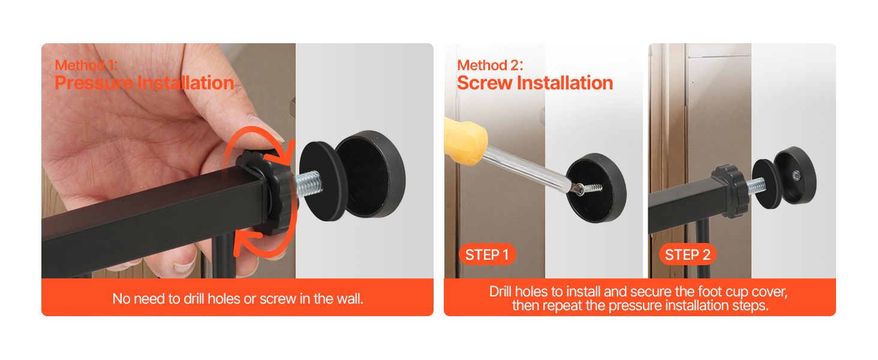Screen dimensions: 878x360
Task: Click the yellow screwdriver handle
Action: pos(465,141)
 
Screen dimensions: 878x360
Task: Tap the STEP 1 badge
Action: pos(487,254)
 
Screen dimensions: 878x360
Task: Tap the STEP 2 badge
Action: pos(687,254)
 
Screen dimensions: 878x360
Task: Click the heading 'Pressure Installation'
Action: pos(145,83)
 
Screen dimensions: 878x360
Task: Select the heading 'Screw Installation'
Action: pos(535,83)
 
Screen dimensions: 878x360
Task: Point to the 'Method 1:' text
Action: pos(86,65)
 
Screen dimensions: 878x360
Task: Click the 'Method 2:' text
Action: pos(490,65)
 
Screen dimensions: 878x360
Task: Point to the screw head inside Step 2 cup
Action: pos(796,175)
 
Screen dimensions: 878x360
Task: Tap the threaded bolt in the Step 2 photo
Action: pos(756,185)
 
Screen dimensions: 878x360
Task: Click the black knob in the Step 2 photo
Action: pos(731,191)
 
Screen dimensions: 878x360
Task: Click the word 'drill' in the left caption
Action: pos(194,299)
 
